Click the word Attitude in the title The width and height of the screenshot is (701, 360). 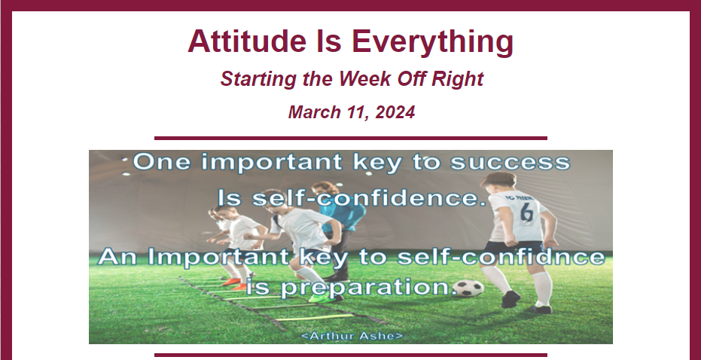[247, 41]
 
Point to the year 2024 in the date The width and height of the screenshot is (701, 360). [395, 111]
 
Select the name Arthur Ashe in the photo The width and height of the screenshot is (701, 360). [352, 336]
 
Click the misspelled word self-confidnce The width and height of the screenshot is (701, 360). [501, 257]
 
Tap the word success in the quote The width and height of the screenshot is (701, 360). [510, 163]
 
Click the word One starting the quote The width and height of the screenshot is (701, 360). [161, 161]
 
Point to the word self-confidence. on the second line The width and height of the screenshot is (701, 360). [369, 197]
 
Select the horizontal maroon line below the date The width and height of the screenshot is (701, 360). [351, 138]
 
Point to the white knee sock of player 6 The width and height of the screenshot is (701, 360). [542, 288]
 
